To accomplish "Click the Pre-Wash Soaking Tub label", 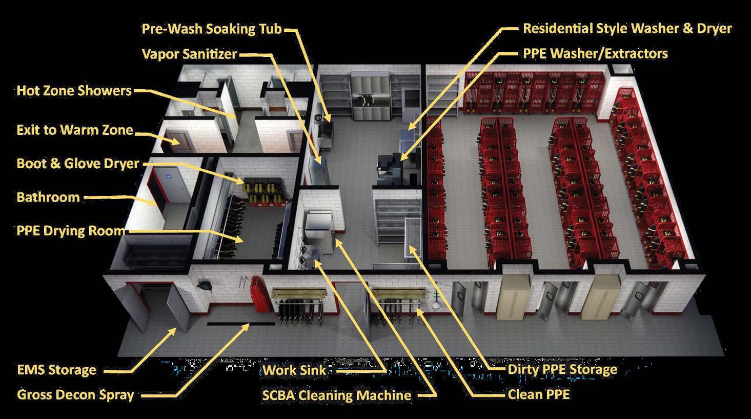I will point(212,29).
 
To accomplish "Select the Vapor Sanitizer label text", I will point(190,54).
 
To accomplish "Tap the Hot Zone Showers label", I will point(74,91).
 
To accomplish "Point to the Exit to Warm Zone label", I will point(75,130).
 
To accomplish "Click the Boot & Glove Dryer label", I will point(78,164).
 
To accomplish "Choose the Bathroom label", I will point(48,197).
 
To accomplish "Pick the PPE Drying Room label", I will point(71,230).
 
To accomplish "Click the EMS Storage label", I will point(56,370).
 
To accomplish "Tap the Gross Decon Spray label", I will point(75,395).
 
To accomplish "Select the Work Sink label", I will point(294,370).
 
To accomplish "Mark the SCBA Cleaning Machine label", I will point(336,395).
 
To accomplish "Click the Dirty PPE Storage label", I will point(562,370).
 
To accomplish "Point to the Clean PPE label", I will point(539,394).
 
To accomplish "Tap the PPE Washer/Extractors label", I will point(595,53).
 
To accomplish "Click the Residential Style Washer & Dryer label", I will point(627,28).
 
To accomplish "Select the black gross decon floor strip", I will point(229,324).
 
